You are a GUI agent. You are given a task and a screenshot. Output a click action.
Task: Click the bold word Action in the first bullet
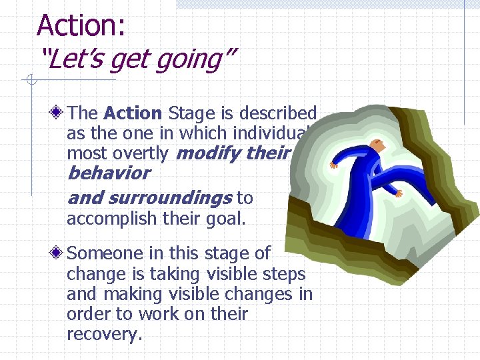(x=133, y=114)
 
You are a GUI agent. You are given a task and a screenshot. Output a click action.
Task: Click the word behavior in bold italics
(x=109, y=173)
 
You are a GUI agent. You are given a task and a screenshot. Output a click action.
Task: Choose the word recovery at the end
(x=103, y=334)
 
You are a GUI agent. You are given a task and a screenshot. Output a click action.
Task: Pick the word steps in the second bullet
(x=281, y=274)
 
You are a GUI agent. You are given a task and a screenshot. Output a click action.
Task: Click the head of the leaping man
(x=378, y=144)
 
